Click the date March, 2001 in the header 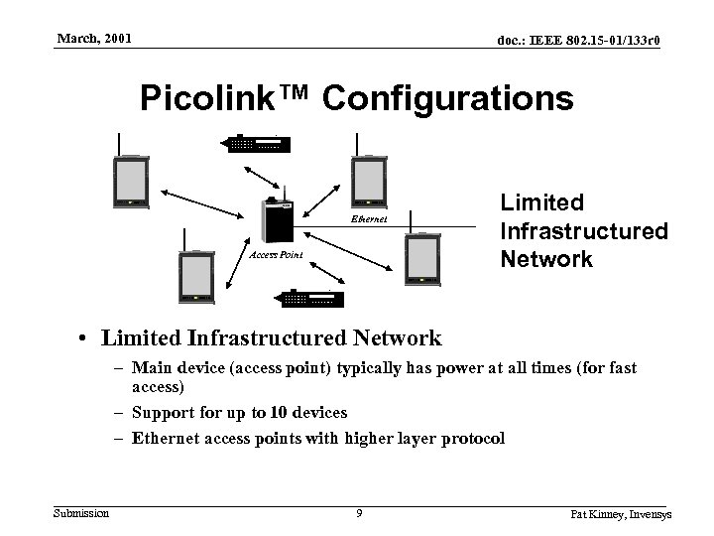pyautogui.click(x=93, y=39)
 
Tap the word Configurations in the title pyautogui.click(x=448, y=99)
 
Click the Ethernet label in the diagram pyautogui.click(x=369, y=218)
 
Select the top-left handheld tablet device pyautogui.click(x=131, y=182)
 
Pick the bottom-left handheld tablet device pyautogui.click(x=195, y=277)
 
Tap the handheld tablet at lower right pyautogui.click(x=420, y=260)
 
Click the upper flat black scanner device pyautogui.click(x=259, y=143)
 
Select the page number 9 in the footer pyautogui.click(x=358, y=513)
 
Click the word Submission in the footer pyautogui.click(x=82, y=512)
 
